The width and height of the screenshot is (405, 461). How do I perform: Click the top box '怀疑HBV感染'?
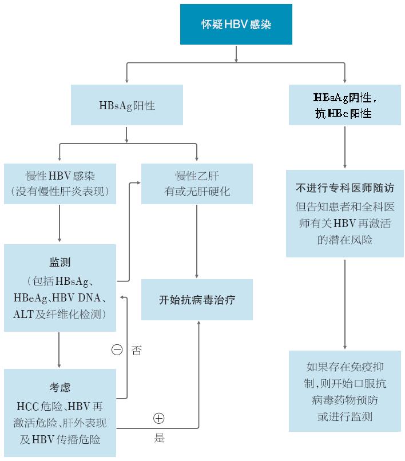(x=236, y=24)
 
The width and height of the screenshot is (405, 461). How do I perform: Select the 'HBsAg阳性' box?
(x=127, y=105)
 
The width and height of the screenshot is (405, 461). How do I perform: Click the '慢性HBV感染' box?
(x=59, y=184)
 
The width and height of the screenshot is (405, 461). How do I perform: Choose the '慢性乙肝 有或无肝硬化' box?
(x=197, y=184)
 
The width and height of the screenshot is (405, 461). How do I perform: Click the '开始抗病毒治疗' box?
(x=197, y=299)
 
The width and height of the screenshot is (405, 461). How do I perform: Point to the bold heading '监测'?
(x=59, y=263)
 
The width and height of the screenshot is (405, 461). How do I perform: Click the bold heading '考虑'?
(x=59, y=388)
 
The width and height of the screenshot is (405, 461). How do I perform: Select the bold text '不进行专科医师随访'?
(x=344, y=188)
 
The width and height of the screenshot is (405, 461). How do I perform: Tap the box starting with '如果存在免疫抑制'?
(x=344, y=391)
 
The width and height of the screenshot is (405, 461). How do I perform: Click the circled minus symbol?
(x=117, y=350)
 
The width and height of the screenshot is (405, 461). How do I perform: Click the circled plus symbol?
(x=159, y=418)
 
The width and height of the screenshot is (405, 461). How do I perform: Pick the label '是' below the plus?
(x=160, y=439)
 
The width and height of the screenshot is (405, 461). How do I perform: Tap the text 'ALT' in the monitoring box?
(x=23, y=314)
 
